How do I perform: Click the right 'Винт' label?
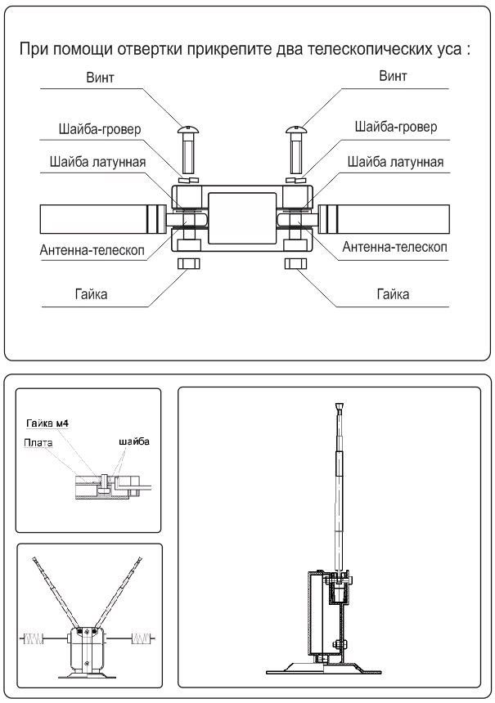(x=394, y=77)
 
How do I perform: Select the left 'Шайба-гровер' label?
(x=100, y=129)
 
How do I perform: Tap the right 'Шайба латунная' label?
(x=395, y=162)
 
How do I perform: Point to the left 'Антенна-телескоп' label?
(x=92, y=248)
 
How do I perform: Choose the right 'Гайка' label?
(x=394, y=293)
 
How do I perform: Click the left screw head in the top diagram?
(x=189, y=130)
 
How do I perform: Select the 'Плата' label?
(x=38, y=442)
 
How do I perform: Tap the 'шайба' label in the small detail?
(x=133, y=441)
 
